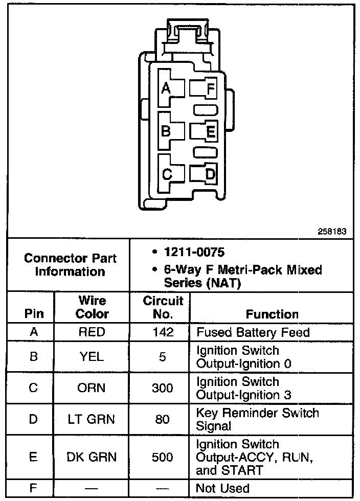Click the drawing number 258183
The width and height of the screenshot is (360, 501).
[x=332, y=231]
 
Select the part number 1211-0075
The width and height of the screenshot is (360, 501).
[x=193, y=252]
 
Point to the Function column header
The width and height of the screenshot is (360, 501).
[x=272, y=314]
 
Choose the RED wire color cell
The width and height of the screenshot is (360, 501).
[x=92, y=332]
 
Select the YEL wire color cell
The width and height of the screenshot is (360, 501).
[x=92, y=357]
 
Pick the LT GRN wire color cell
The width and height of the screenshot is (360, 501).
[x=92, y=419]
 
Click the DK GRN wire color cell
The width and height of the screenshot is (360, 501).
[x=92, y=457]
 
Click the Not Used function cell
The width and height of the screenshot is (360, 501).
[x=223, y=488]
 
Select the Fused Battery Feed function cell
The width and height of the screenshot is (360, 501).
[x=253, y=332]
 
